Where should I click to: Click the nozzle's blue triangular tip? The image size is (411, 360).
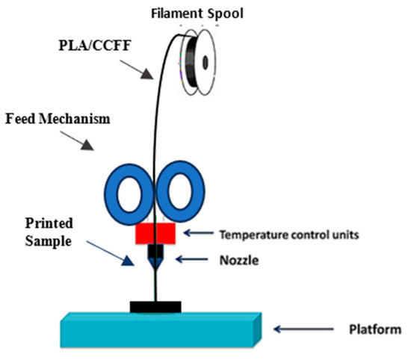(x=155, y=262)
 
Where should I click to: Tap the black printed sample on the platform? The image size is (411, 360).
(x=155, y=306)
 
